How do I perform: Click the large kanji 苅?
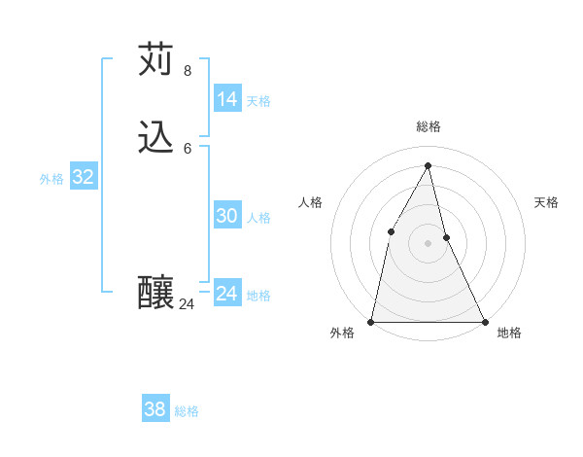157,60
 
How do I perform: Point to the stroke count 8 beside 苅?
188,71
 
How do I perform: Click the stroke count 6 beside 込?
188,149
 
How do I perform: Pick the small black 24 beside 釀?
188,304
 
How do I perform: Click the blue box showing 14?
227,99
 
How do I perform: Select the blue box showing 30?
227,216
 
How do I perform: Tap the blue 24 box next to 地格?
227,294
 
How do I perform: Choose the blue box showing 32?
84,177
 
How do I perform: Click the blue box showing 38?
155,409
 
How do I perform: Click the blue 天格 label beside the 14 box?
258,101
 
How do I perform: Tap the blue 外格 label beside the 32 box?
51,179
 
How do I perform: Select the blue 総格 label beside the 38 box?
187,411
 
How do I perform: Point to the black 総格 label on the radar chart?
428,126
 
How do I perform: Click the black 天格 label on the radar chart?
546,202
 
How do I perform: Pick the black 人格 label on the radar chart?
310,202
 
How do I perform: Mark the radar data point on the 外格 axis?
371,321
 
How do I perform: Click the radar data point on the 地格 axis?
485,321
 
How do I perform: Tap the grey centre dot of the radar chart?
428,243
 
